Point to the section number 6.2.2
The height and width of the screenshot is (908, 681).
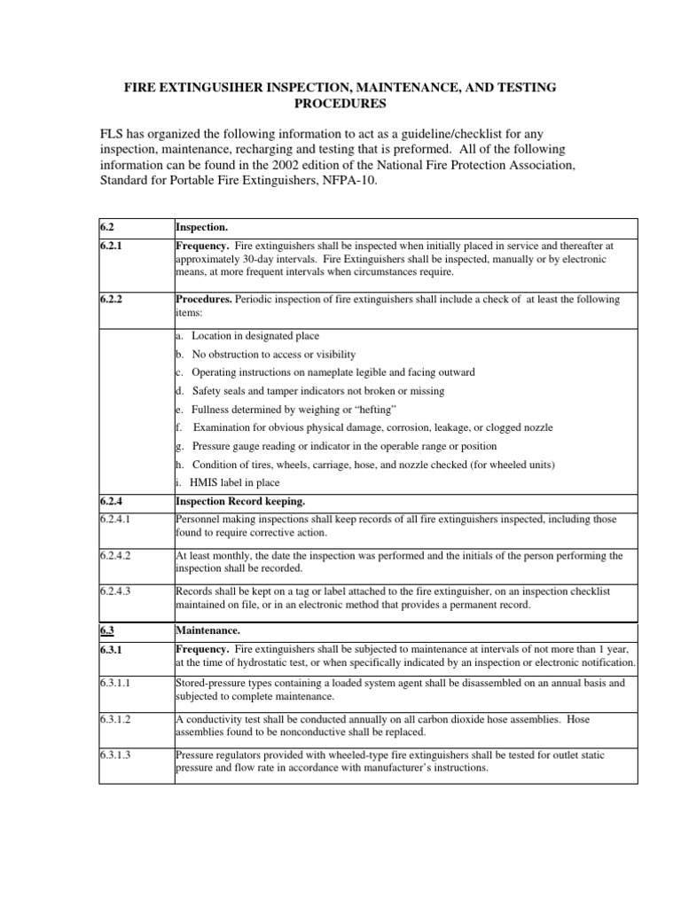pyautogui.click(x=110, y=300)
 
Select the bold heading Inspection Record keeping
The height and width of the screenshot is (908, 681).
pyautogui.click(x=239, y=501)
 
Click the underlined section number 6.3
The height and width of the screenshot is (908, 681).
pyautogui.click(x=106, y=630)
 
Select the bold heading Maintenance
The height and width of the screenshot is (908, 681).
pyautogui.click(x=209, y=630)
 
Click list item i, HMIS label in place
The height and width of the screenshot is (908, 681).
pyautogui.click(x=227, y=482)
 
